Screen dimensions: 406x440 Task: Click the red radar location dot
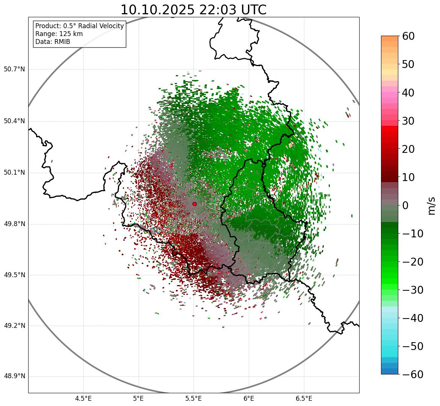[194, 204]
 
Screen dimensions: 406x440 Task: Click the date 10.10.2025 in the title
[157, 10]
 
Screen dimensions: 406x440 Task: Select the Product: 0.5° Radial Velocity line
[79, 26]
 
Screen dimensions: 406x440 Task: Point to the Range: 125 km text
[59, 34]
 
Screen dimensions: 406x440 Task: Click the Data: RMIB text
[53, 42]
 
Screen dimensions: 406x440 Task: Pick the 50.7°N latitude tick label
[14, 69]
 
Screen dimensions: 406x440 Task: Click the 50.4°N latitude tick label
[14, 121]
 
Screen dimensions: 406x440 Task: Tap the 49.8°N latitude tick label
[14, 224]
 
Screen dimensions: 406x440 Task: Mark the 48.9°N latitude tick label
[14, 376]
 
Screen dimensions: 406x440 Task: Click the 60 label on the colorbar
[409, 36]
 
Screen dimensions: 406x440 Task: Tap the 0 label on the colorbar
[405, 205]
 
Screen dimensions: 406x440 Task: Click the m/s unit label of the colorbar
[432, 205]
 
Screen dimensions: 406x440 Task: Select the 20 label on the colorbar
[409, 149]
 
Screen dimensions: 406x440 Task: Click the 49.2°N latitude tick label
[14, 326]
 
